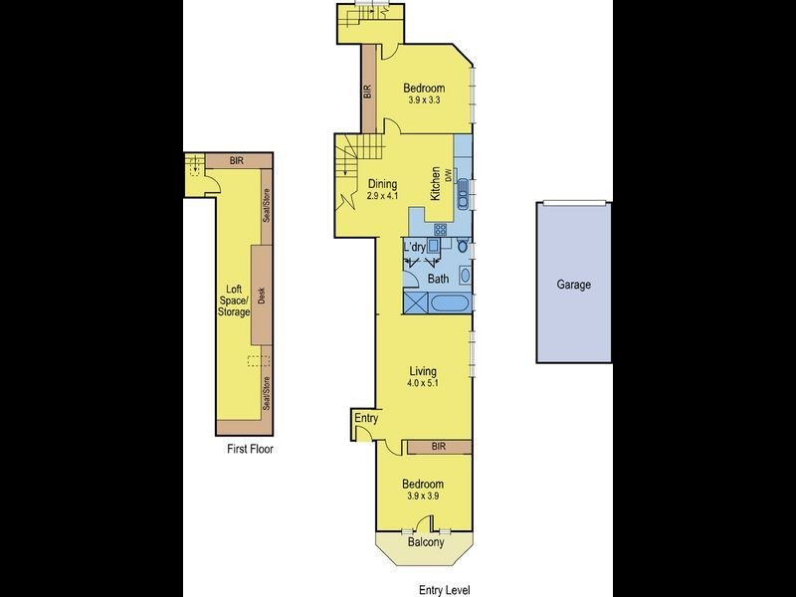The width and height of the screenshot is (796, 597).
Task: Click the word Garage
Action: [x=573, y=285]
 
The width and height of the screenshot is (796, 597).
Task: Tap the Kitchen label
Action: [x=435, y=184]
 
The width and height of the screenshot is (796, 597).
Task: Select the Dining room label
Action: [x=382, y=184]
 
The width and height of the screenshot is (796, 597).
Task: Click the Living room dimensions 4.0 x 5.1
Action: [x=423, y=383]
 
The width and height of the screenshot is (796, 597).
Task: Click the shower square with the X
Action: [x=417, y=303]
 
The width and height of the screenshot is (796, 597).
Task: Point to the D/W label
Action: [x=449, y=175]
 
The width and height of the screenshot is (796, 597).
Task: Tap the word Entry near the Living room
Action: [x=366, y=419]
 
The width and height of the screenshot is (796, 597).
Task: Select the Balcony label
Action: [x=425, y=543]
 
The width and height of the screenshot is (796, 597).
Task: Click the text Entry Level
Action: [x=443, y=588]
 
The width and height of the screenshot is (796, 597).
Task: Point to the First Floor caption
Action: [x=250, y=449]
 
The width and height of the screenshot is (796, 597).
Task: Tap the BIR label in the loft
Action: [x=237, y=159]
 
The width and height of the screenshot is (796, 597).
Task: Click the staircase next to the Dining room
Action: [x=355, y=158]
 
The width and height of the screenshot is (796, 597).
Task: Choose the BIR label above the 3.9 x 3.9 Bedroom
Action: [x=438, y=448]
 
